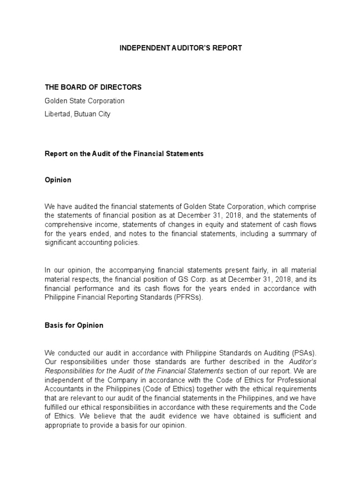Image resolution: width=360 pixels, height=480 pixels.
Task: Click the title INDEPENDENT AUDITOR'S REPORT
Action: (180, 48)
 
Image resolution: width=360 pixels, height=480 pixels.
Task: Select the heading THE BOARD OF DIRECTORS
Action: (93, 87)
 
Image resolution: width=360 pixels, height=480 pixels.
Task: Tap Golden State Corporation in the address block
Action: (84, 101)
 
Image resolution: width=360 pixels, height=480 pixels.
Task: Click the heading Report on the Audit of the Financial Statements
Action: (124, 154)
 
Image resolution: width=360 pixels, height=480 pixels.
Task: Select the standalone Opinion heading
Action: (58, 180)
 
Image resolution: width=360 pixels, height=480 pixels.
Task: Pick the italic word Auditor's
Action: (302, 361)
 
